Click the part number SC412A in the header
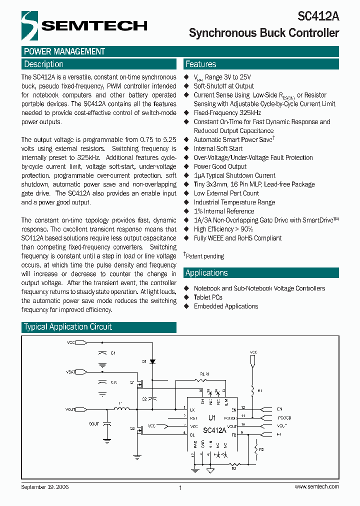tap(318, 16)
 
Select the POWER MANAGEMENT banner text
tap(64, 51)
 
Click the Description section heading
tap(44, 64)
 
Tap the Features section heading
tap(200, 64)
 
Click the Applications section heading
tap(206, 273)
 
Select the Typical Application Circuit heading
tap(68, 327)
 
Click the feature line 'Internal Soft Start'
tap(218, 148)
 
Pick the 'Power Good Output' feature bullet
tap(220, 166)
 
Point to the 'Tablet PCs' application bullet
tap(208, 297)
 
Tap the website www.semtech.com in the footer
tap(317, 486)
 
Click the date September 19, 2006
tap(45, 486)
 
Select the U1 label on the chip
tap(212, 416)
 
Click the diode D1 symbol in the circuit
tap(152, 361)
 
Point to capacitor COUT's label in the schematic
tap(93, 423)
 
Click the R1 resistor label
tap(259, 389)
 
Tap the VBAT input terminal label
tap(71, 372)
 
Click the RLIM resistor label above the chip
tap(204, 373)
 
